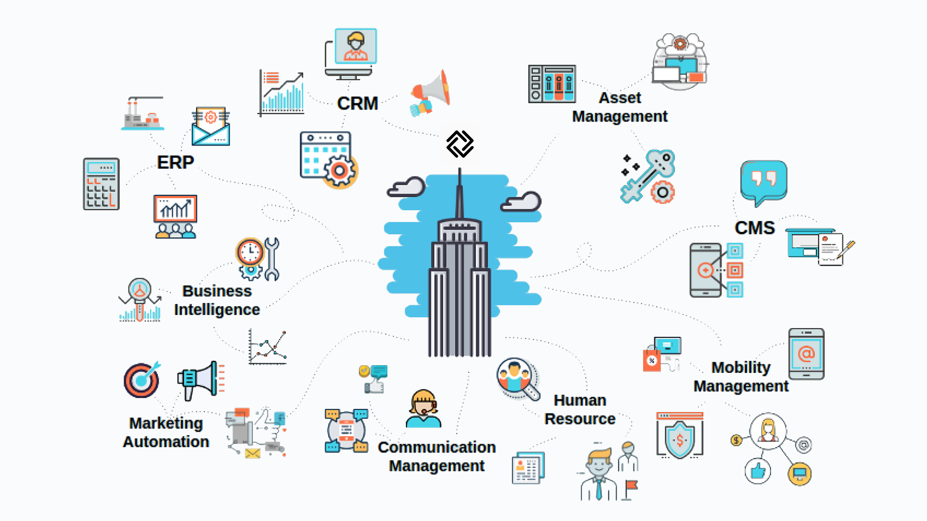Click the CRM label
tap(357, 103)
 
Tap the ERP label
tap(175, 162)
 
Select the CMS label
tap(755, 228)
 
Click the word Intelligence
tap(217, 310)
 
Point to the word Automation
tap(166, 442)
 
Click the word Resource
tap(580, 419)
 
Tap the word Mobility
tap(741, 368)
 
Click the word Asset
tap(620, 98)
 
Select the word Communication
tap(436, 447)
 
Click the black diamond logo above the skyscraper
tap(460, 144)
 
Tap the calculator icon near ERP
tap(101, 184)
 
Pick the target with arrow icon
tap(142, 380)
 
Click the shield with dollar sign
tap(679, 436)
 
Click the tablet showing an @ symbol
tap(806, 354)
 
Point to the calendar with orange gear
tap(328, 159)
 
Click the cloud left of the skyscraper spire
tap(407, 187)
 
